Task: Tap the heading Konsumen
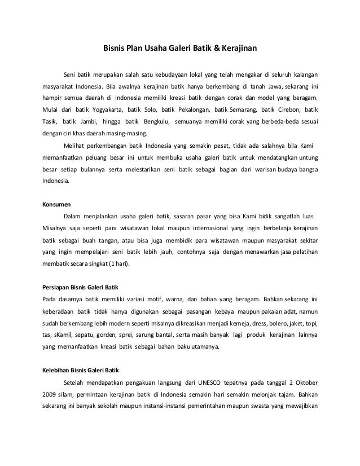[57, 205]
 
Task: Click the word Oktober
[304, 381]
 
